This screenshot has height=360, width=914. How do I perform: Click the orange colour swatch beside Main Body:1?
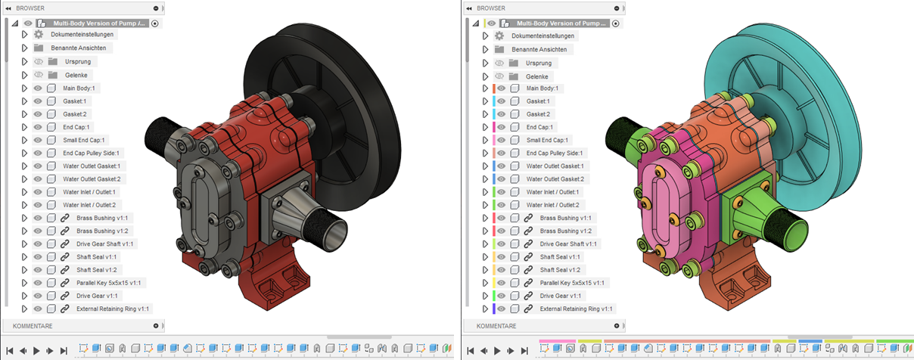pyautogui.click(x=494, y=88)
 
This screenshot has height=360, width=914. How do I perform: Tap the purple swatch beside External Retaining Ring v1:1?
pyautogui.click(x=494, y=309)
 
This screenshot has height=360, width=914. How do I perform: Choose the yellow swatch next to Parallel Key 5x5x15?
pyautogui.click(x=494, y=283)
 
